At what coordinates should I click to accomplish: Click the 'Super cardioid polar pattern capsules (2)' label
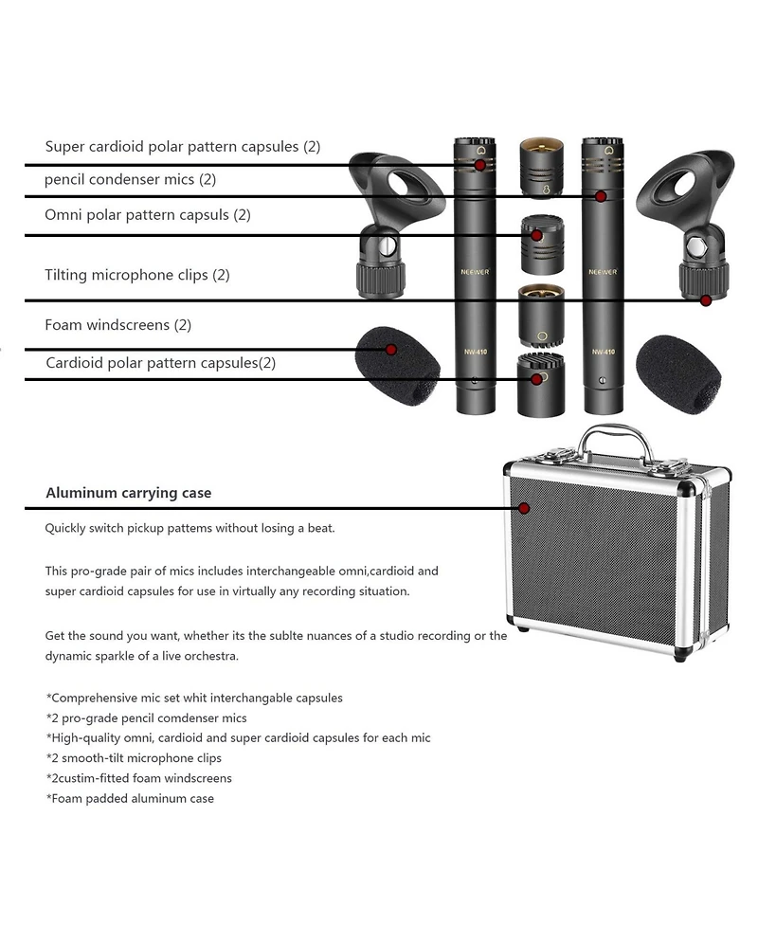[183, 147]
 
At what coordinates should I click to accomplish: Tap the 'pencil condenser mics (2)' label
[131, 179]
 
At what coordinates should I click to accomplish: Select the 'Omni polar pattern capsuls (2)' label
[148, 215]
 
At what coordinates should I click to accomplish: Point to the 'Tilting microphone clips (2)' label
[137, 275]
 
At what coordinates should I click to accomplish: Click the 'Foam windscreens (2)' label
[118, 325]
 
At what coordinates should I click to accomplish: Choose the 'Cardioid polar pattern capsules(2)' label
[160, 363]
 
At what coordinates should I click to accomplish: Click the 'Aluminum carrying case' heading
[129, 493]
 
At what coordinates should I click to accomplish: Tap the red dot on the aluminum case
[524, 508]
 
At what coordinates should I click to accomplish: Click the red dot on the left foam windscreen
[390, 350]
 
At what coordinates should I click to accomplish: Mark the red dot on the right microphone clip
[706, 300]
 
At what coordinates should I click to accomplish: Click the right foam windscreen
[678, 374]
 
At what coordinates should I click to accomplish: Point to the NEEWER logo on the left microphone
[476, 272]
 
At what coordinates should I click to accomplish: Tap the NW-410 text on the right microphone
[604, 352]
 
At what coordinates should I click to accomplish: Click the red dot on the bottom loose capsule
[536, 379]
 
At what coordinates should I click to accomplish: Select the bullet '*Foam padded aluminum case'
[130, 798]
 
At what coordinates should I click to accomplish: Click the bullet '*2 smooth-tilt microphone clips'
[134, 758]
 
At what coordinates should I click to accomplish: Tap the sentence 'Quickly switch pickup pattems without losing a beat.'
[190, 528]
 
